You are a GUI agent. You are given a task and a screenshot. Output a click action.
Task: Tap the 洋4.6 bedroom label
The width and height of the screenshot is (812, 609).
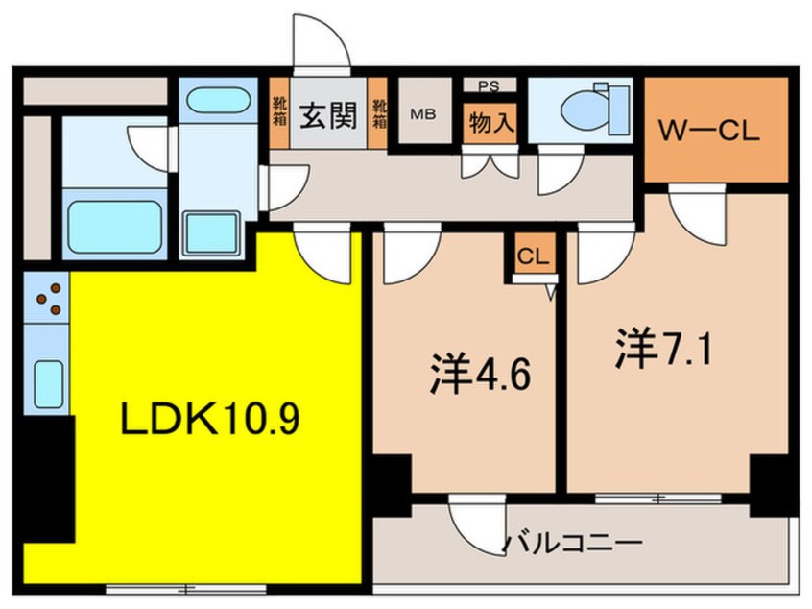pyautogui.click(x=466, y=373)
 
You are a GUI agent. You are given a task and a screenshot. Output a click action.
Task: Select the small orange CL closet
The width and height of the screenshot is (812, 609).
pyautogui.click(x=534, y=256)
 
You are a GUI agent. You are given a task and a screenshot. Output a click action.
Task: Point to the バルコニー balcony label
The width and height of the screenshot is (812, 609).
pyautogui.click(x=572, y=545)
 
